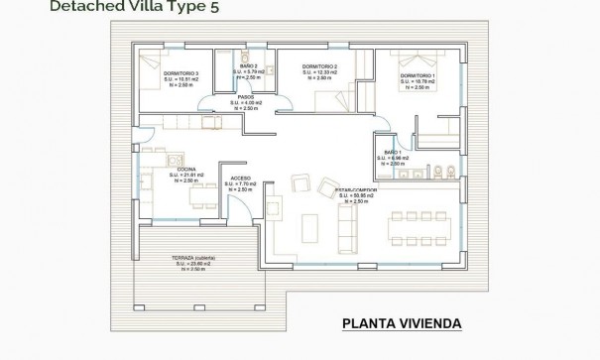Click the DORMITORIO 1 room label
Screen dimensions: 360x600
417,75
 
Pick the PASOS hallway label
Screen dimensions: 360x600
231,96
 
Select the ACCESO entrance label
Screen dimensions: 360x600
242,178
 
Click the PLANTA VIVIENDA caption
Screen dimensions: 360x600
401,323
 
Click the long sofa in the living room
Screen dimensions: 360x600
347,231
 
